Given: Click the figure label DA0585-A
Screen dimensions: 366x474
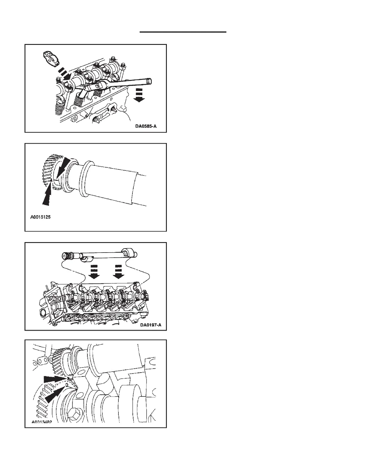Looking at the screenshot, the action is coord(146,126).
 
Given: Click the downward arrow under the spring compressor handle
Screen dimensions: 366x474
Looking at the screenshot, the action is coord(138,95).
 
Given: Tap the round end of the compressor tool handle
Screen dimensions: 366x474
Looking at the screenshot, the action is coord(148,81).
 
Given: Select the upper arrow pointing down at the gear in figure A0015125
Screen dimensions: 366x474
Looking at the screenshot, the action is coord(63,167).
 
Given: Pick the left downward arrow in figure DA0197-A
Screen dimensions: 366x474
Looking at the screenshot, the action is coord(95,271).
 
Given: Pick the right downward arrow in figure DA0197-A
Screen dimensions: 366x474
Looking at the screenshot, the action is coord(119,271).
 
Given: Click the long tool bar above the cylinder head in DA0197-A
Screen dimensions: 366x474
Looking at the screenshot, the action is coord(102,254).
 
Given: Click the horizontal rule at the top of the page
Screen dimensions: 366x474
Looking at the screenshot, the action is coord(183,31).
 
